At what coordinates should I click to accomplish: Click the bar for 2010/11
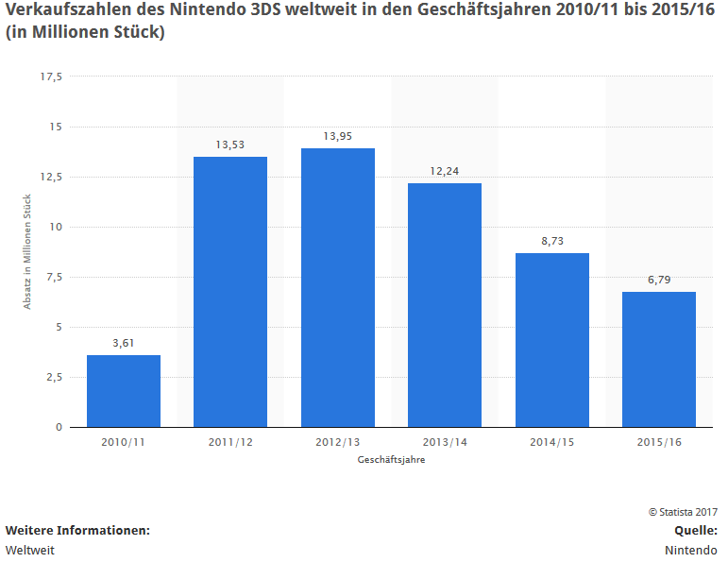click(x=124, y=391)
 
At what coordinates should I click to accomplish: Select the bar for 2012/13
click(x=338, y=288)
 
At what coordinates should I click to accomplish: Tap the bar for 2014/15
click(x=552, y=340)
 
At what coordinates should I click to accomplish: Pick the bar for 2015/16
click(x=659, y=359)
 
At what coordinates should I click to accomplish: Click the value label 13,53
click(x=230, y=145)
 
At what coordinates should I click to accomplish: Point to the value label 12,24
click(x=445, y=171)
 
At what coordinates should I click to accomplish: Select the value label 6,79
click(x=659, y=280)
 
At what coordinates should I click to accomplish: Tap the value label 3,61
click(x=124, y=343)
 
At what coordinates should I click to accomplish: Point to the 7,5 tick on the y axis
click(x=54, y=277)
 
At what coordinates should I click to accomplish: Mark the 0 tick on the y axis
click(x=59, y=427)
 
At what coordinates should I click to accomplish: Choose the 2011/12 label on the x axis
click(x=230, y=442)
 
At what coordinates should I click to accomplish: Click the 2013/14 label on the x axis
click(x=445, y=442)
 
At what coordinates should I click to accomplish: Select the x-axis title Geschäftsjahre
click(x=391, y=459)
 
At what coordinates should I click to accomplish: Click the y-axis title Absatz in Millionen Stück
click(x=27, y=251)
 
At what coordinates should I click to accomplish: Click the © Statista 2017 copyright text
click(x=683, y=511)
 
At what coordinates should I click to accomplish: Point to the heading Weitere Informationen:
click(x=77, y=530)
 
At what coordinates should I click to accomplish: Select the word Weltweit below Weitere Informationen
click(x=30, y=550)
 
